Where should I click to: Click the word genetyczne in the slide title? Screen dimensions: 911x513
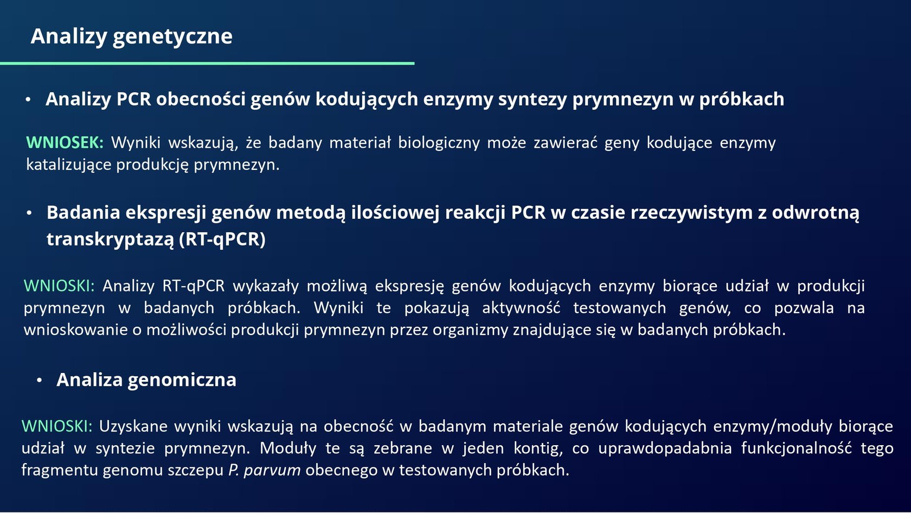point(172,37)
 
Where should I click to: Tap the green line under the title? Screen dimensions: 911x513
point(207,64)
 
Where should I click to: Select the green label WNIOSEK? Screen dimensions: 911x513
point(65,142)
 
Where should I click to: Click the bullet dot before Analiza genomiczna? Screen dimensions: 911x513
point(39,380)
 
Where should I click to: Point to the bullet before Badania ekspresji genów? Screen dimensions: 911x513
point(29,213)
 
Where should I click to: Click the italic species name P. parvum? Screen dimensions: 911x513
point(265,470)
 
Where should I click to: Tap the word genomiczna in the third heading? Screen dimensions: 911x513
point(182,380)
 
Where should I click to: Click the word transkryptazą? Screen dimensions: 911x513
point(110,239)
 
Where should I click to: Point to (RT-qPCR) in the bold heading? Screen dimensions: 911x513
point(222,239)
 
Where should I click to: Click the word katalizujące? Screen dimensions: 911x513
point(69,165)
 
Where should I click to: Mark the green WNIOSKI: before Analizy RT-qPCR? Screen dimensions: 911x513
point(59,286)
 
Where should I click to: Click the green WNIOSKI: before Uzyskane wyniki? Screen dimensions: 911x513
point(57,426)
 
